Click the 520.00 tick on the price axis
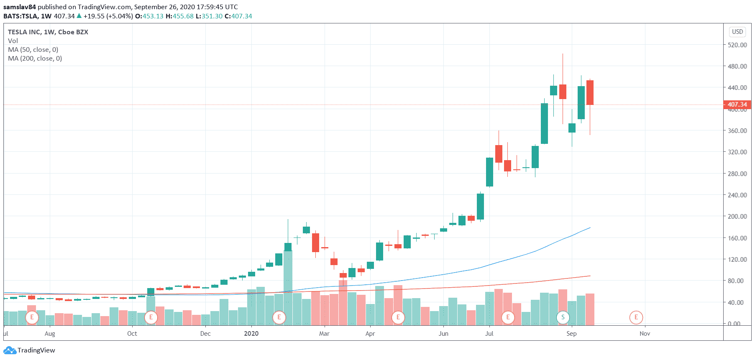pos(737,45)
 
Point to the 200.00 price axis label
pos(737,216)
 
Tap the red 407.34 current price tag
pos(737,105)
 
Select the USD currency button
pos(737,32)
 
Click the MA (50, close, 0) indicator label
pos(33,49)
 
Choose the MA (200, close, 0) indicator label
pos(35,59)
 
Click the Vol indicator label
pos(13,41)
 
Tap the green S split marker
pos(563,317)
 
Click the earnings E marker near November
pos(636,317)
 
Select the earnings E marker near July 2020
pos(508,317)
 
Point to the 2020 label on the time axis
pos(251,333)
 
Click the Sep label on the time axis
pos(571,333)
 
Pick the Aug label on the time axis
pos(50,333)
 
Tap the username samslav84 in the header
pos(20,7)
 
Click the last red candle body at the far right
pos(590,92)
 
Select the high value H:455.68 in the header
pos(179,16)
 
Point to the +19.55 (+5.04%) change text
pos(108,16)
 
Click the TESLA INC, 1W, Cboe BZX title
pos(48,32)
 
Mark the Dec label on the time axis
pos(205,333)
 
